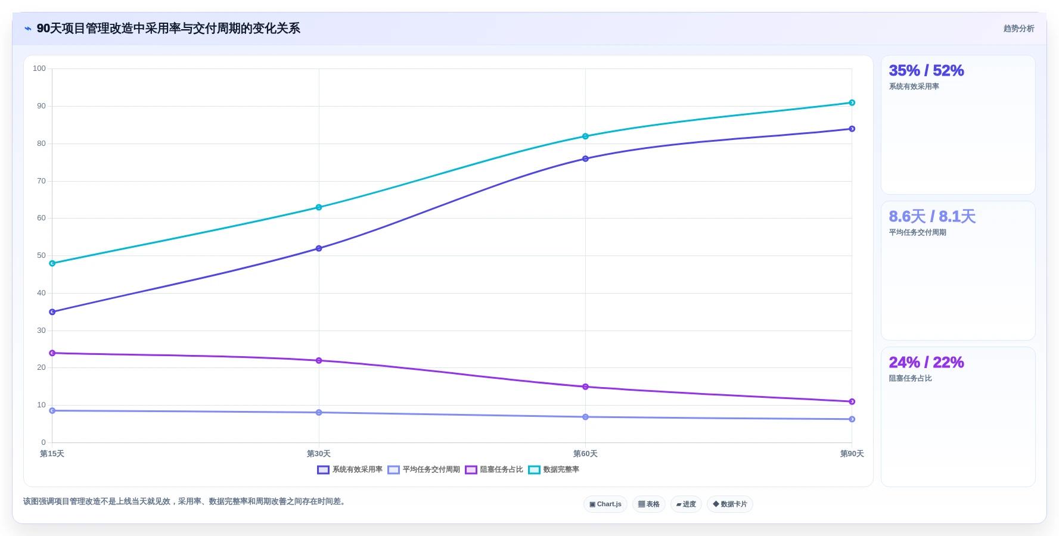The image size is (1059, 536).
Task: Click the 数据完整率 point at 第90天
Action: pyautogui.click(x=852, y=103)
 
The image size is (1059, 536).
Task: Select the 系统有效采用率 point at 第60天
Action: pyautogui.click(x=585, y=159)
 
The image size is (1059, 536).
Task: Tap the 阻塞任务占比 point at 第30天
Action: pyautogui.click(x=319, y=361)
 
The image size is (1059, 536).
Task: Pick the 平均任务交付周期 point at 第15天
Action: pyautogui.click(x=52, y=411)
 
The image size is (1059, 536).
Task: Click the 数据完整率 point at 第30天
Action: pyautogui.click(x=319, y=207)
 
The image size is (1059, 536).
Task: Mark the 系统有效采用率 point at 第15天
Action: pyautogui.click(x=52, y=312)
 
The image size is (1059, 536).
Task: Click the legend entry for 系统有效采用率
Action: pyautogui.click(x=350, y=470)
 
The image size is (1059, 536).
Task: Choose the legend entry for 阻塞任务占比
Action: pyautogui.click(x=494, y=470)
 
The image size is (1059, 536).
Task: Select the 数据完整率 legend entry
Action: pyautogui.click(x=554, y=470)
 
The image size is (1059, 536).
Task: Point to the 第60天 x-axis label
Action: pyautogui.click(x=585, y=454)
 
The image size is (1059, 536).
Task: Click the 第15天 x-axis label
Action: pyautogui.click(x=52, y=454)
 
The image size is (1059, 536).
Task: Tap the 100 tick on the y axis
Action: pyautogui.click(x=39, y=68)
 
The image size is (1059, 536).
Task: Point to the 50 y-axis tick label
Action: pyautogui.click(x=41, y=255)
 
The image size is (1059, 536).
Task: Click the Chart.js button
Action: pyautogui.click(x=605, y=504)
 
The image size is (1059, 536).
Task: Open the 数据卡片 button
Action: pyautogui.click(x=730, y=504)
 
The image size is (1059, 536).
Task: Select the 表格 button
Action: pyautogui.click(x=649, y=504)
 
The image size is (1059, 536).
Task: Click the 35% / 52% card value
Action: pyautogui.click(x=926, y=71)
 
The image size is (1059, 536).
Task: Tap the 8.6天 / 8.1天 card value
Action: pyautogui.click(x=932, y=217)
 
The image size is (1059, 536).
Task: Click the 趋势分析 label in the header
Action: pyautogui.click(x=1018, y=29)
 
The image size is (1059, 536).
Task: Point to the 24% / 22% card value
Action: pyautogui.click(x=926, y=363)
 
